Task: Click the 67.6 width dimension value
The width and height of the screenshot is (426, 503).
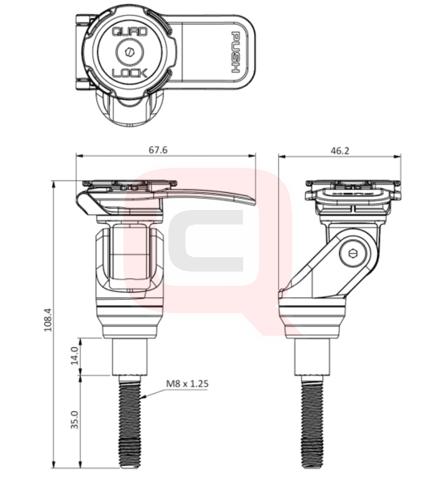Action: tap(158, 150)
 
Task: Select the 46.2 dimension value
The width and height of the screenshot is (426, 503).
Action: tap(340, 150)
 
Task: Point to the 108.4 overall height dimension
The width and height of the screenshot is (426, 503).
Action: tap(48, 320)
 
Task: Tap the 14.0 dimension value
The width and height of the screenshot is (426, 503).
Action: tap(74, 355)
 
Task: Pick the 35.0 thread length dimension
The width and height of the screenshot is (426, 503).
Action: tap(74, 419)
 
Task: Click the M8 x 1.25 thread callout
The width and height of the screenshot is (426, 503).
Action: tap(187, 384)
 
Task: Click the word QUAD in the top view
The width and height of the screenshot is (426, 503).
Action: tap(130, 32)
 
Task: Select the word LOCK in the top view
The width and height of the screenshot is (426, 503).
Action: tap(130, 73)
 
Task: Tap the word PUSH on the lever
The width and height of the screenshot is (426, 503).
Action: tap(236, 52)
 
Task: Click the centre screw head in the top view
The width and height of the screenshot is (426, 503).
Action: tap(130, 52)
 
